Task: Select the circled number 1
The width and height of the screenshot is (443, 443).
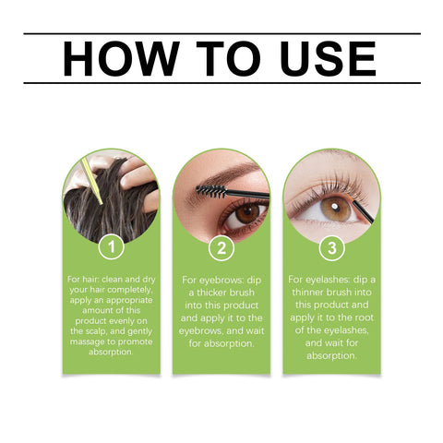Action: tap(111, 247)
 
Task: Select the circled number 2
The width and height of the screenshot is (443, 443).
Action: tap(221, 247)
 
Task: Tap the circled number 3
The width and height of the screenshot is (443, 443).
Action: tap(332, 247)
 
